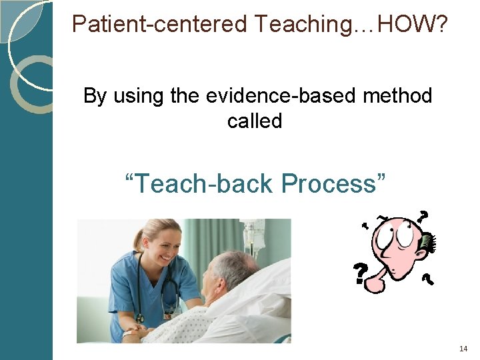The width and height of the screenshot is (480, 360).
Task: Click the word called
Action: click(255, 121)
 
